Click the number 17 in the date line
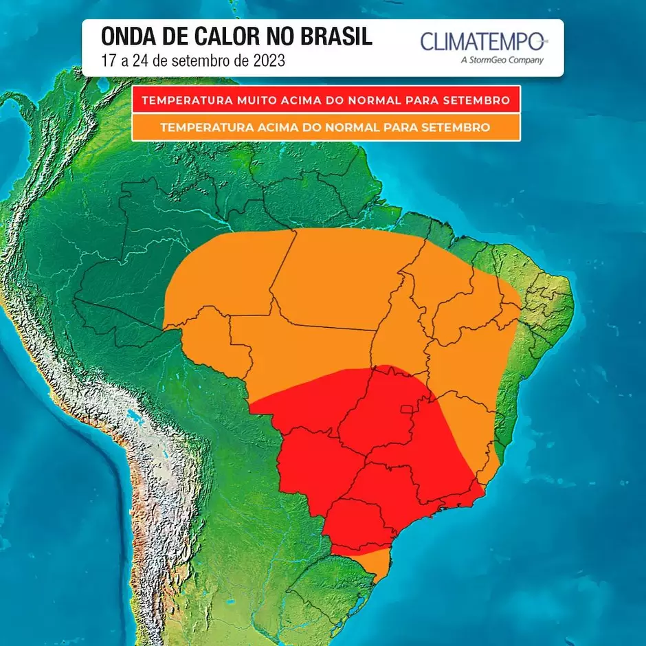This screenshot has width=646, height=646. coord(108,60)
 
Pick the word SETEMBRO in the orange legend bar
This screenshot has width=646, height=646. coord(456,127)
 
